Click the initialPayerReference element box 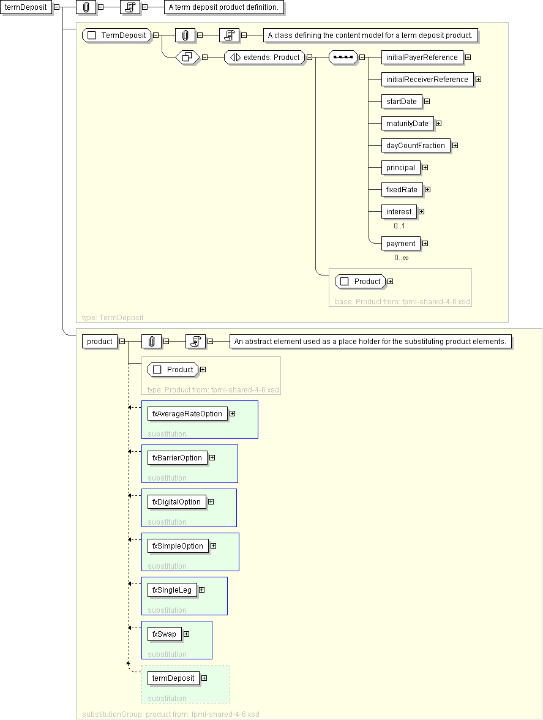click(422, 58)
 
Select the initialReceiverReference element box click(427, 80)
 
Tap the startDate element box click(401, 102)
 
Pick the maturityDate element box click(407, 124)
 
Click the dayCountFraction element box click(415, 146)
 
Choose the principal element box click(400, 168)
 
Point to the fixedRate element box click(402, 190)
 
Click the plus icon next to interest click(421, 212)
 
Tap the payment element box click(400, 244)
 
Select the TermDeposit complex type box click(117, 36)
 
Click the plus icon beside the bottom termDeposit click(204, 678)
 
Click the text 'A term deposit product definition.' click(224, 7)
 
